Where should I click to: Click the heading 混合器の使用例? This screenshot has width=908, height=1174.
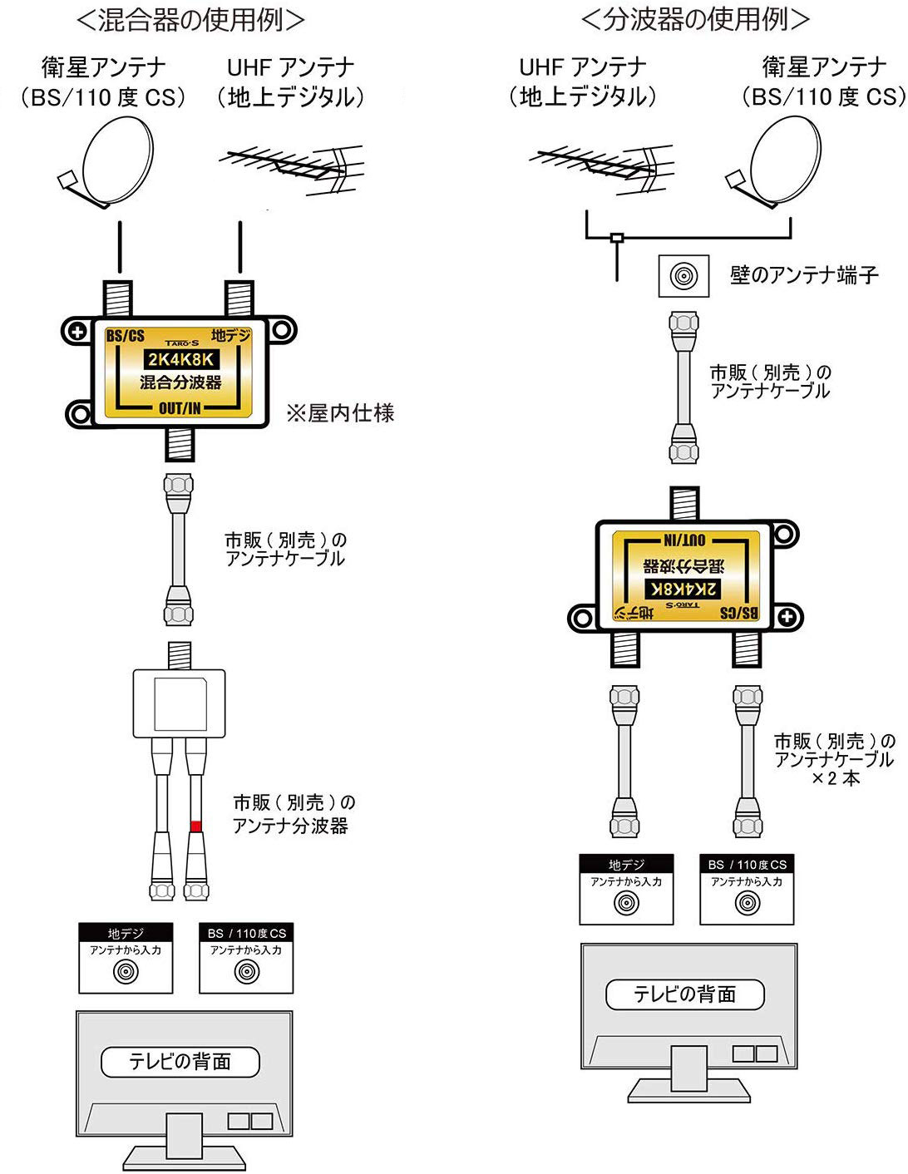[x=190, y=19]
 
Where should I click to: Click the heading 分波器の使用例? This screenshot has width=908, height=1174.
[x=694, y=19]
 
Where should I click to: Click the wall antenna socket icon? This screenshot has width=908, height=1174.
[x=684, y=276]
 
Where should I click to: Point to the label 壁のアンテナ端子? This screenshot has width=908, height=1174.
[x=804, y=275]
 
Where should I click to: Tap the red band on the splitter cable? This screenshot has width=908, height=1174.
[x=196, y=826]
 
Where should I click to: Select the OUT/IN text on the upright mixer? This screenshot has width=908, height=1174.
[x=180, y=408]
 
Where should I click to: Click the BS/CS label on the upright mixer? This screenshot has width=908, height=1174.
[x=126, y=336]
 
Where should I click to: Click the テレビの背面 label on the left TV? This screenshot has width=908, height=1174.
[x=180, y=1062]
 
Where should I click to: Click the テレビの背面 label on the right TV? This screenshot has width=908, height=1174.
[x=685, y=994]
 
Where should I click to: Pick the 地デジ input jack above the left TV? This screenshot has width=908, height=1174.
[x=126, y=970]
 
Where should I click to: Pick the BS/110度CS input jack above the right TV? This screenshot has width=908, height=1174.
[x=747, y=902]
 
